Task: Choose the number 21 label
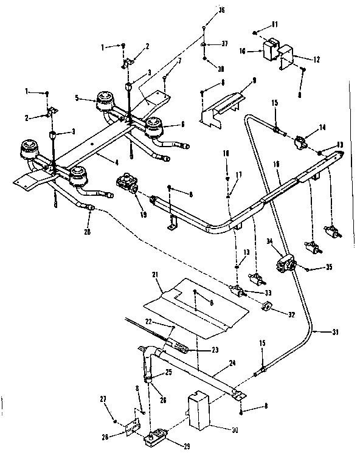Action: pyautogui.click(x=154, y=275)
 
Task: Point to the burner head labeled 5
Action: pyautogui.click(x=107, y=99)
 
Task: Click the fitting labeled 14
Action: pyautogui.click(x=299, y=144)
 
